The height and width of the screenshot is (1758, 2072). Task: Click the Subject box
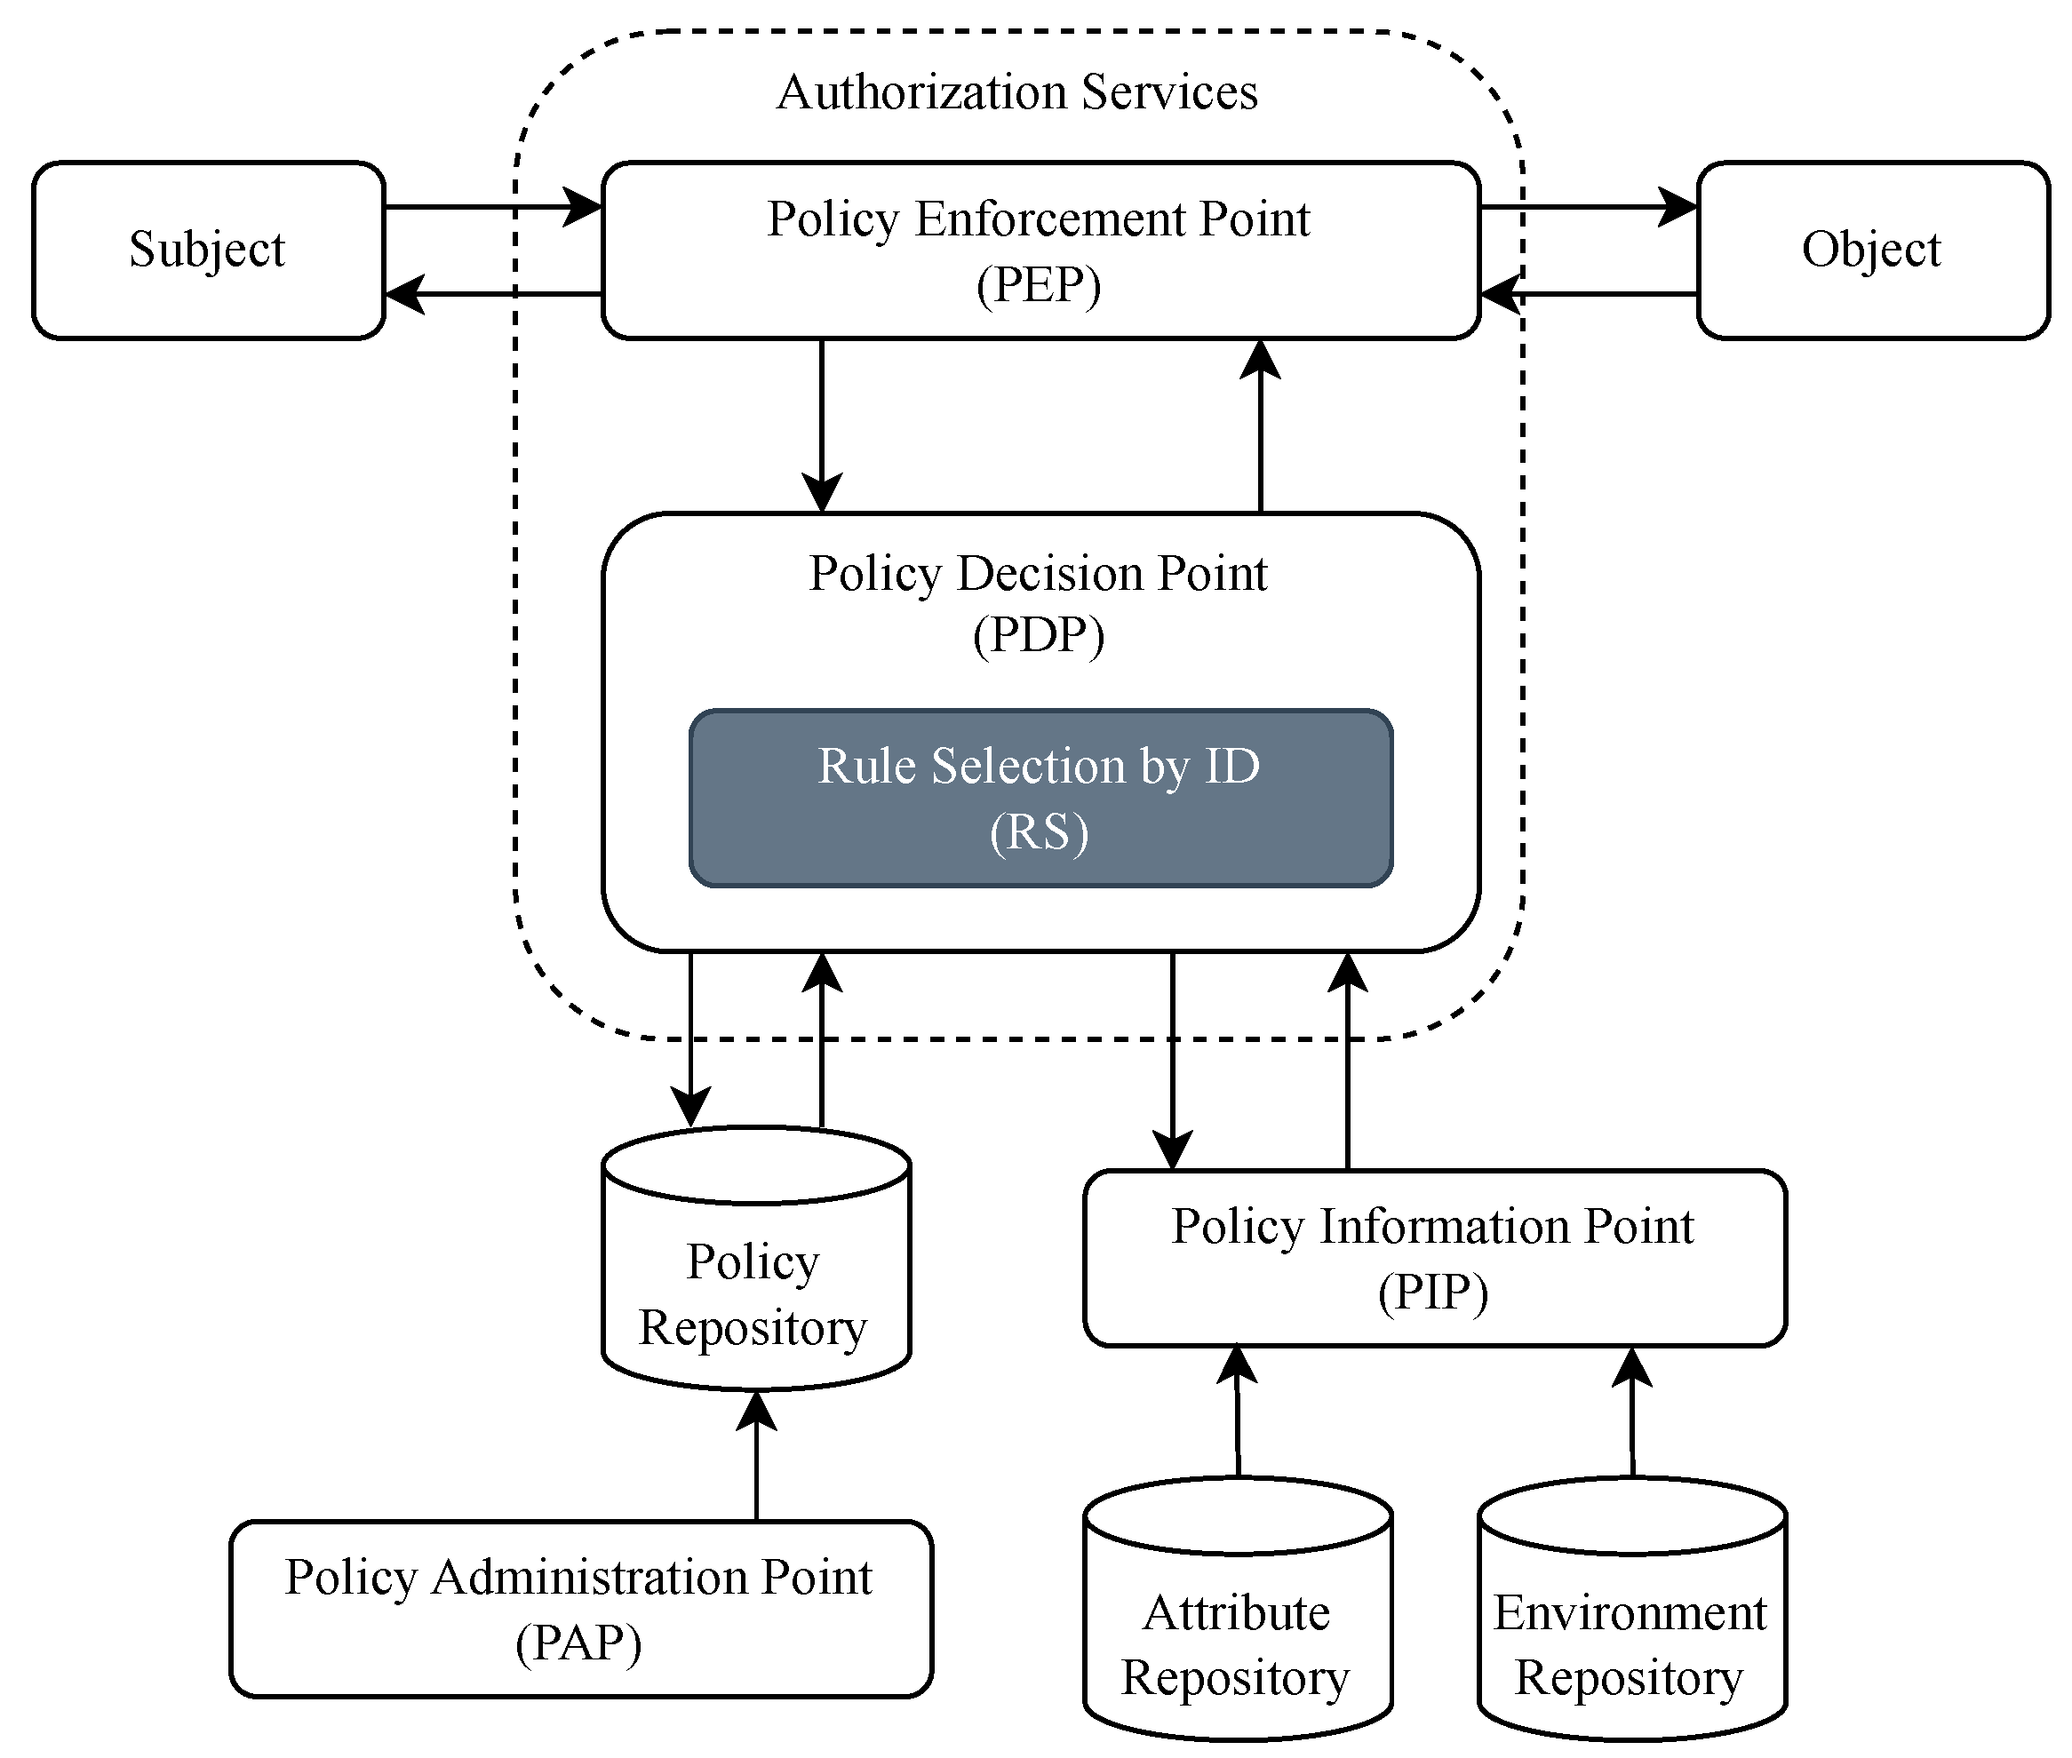click(208, 251)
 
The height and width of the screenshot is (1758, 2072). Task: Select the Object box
click(1872, 251)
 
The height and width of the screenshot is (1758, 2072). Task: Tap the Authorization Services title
click(1016, 91)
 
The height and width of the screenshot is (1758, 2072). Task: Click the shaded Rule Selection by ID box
click(1040, 799)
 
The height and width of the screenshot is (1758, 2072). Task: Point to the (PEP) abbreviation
click(1039, 286)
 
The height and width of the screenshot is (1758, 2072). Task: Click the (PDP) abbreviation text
click(1039, 636)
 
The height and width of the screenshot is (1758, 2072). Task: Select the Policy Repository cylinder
click(755, 1295)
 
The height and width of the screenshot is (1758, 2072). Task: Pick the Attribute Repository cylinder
click(1237, 1644)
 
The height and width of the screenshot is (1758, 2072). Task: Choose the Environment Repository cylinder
click(1631, 1644)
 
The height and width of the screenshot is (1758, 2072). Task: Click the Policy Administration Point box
click(580, 1610)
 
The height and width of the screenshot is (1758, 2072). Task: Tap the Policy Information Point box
click(1433, 1260)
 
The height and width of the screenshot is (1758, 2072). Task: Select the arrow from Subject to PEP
click(493, 207)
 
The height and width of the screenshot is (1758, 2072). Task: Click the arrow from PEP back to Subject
click(493, 294)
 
